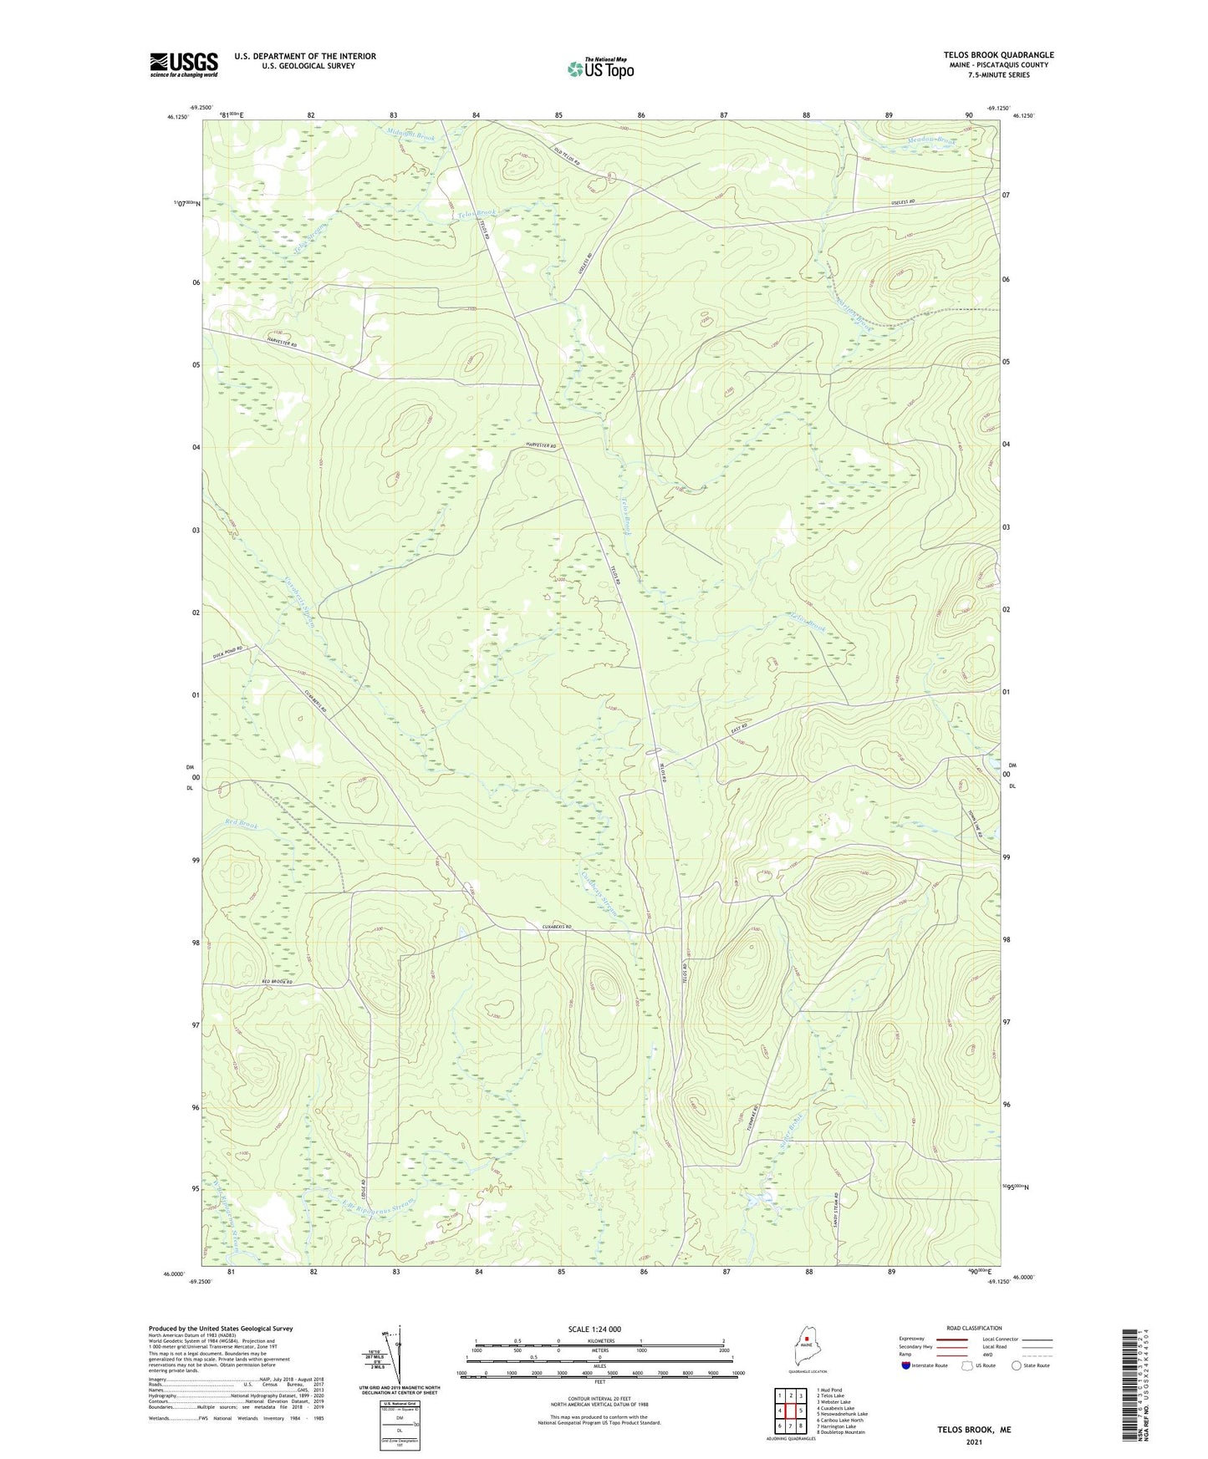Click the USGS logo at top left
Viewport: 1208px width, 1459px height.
point(184,64)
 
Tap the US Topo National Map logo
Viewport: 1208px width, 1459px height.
point(599,68)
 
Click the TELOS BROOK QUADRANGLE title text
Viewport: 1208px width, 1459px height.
point(998,54)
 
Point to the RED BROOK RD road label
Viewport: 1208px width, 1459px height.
point(277,982)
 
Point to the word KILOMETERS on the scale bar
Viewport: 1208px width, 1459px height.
point(599,1340)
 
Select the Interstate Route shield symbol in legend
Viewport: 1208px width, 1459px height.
point(906,1365)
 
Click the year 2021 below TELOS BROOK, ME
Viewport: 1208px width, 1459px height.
point(973,1442)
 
